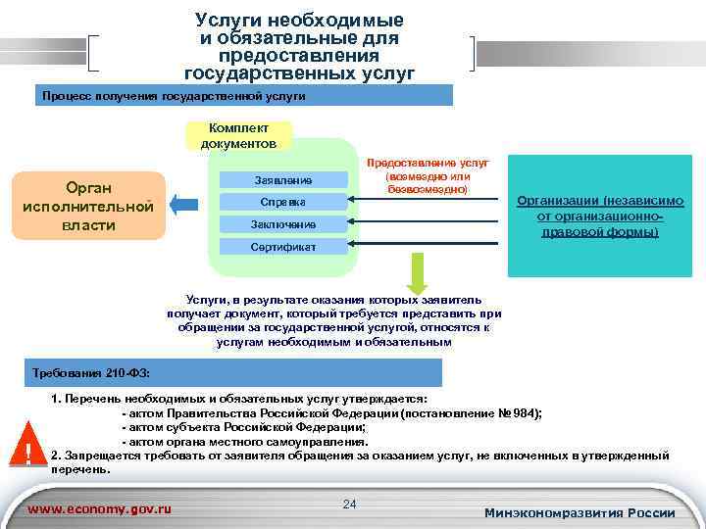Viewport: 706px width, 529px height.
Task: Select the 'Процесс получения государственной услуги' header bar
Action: click(242, 96)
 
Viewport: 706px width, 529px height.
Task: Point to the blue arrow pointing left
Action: click(181, 205)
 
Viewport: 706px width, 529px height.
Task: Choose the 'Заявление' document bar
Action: click(282, 180)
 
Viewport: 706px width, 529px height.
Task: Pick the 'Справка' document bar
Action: click(282, 202)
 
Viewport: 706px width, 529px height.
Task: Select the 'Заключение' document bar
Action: click(282, 224)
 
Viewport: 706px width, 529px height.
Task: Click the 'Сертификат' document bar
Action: click(282, 247)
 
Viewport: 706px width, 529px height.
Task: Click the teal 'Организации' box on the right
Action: click(600, 216)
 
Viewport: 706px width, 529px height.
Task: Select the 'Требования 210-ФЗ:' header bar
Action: click(235, 373)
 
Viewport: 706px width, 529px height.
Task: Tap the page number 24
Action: click(349, 504)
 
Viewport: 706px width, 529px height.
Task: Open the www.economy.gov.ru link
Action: click(100, 509)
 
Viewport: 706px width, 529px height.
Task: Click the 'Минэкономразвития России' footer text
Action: click(580, 513)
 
